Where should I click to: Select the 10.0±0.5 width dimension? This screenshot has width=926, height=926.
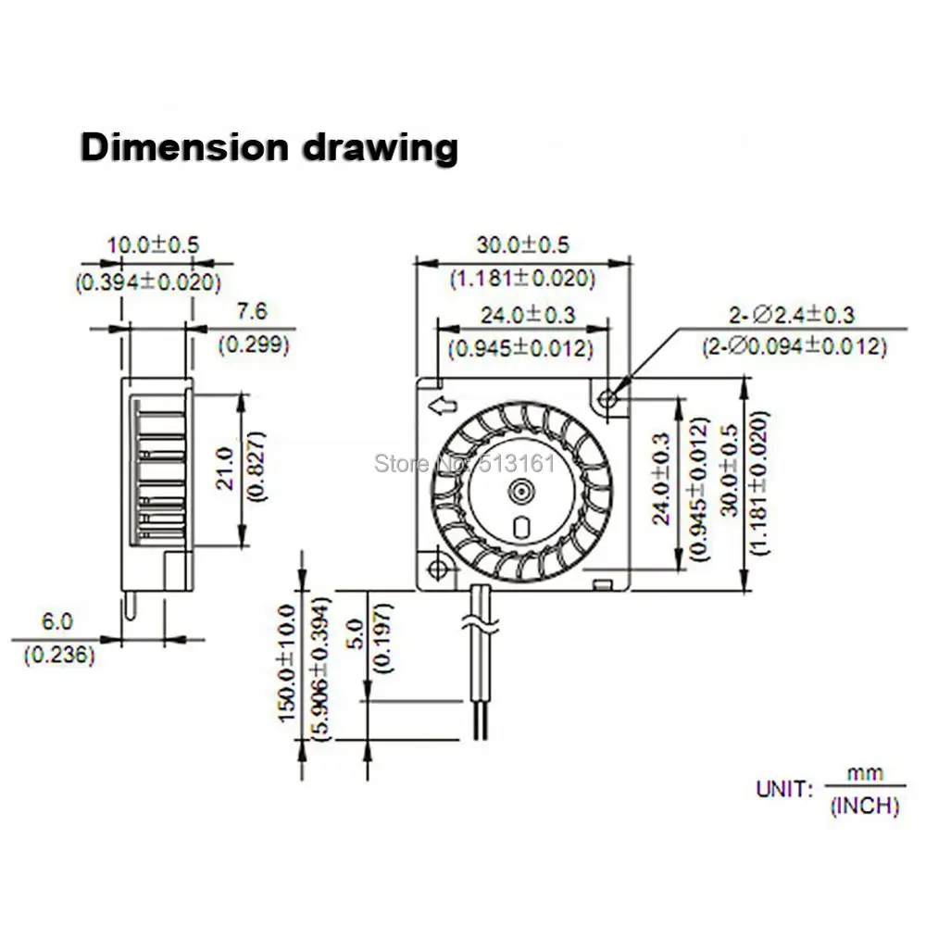[153, 246]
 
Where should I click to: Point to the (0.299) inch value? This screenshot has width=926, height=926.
[253, 345]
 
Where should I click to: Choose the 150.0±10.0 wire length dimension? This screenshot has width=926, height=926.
[287, 661]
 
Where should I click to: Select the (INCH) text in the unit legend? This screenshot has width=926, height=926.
[864, 807]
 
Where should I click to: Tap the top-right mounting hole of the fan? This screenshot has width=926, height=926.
[608, 399]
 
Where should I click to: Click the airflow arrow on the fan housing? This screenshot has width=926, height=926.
[443, 404]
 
